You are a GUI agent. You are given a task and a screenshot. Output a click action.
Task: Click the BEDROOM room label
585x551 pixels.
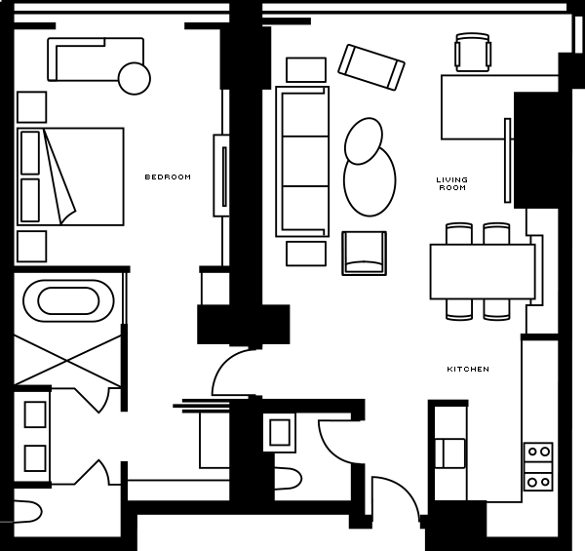pos(168,177)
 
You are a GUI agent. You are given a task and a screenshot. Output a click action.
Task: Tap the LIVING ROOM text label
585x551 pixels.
pos(452,184)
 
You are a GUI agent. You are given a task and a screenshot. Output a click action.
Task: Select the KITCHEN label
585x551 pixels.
pos(468,369)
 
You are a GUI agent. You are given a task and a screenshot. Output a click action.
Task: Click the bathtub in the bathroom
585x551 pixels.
pos(68,300)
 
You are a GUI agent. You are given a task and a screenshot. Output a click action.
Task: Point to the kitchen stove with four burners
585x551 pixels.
pos(538,467)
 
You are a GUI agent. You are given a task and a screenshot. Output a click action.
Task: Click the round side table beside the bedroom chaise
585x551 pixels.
pos(135,78)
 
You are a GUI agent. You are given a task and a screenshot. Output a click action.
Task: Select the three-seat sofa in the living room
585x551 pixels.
pos(302,161)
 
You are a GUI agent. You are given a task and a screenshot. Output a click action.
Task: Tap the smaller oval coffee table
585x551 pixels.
pos(364,140)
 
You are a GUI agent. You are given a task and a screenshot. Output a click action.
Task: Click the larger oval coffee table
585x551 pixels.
pos(370,181)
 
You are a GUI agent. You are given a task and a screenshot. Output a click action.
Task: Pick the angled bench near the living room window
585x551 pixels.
pos(371,67)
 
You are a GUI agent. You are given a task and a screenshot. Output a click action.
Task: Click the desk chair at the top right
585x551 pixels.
pos(472,53)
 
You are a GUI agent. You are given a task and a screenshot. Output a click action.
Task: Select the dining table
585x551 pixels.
pos(483,271)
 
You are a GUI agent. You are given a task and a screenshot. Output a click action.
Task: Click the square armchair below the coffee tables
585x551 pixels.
pos(364,254)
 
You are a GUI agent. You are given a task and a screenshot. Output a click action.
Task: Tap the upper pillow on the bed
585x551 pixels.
pos(30,152)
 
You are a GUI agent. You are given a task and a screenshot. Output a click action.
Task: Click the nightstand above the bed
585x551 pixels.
pos(32,107)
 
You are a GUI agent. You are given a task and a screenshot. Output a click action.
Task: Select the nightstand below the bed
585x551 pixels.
pos(32,246)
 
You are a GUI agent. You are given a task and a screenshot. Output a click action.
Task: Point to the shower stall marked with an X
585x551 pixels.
pos(67,361)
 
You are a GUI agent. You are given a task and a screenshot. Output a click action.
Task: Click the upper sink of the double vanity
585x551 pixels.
pos(35,414)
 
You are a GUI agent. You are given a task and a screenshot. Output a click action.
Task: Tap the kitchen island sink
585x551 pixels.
pos(450,453)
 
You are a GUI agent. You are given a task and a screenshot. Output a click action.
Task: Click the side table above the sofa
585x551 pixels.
pos(306,70)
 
